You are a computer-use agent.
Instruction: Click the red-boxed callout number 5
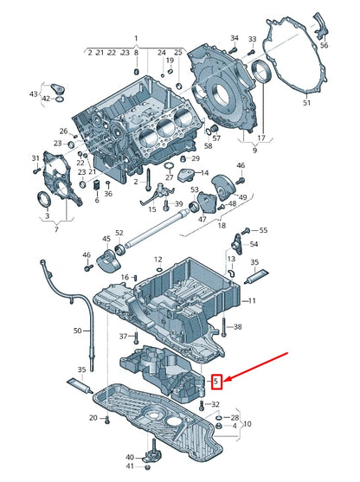point(216,382)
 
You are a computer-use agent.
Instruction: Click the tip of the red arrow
point(224,381)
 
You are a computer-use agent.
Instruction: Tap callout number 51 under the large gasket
point(307,102)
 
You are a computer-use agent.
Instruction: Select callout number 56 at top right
point(324,45)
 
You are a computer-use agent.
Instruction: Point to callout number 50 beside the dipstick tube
point(78,331)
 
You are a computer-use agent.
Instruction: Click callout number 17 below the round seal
point(261,138)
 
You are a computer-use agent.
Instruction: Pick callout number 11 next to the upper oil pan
point(252,300)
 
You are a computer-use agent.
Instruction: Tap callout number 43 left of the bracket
point(34,93)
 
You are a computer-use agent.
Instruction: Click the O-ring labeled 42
point(61,99)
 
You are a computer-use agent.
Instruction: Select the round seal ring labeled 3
point(42,200)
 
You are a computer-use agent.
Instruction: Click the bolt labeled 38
point(223,327)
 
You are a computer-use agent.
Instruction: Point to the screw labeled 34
point(234,49)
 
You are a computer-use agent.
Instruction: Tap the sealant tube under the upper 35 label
point(256,275)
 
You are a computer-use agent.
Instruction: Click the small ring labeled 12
point(158,270)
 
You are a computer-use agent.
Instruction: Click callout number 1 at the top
point(136,39)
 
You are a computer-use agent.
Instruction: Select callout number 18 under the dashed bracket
point(222,225)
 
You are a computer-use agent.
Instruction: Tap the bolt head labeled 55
point(247,229)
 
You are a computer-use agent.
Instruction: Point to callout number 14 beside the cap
point(205,173)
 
